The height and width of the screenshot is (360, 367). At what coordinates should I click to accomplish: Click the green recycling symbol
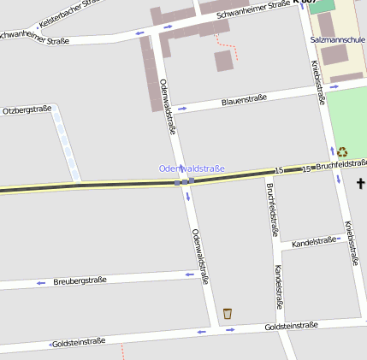pos(342,151)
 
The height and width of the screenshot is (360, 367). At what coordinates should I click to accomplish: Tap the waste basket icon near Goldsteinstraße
pos(228,314)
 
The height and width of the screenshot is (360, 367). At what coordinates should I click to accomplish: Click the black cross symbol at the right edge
pos(361,183)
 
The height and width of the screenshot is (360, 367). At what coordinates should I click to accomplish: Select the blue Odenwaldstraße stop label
pos(192,168)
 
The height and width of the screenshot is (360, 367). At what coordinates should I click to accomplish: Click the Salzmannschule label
pos(338,39)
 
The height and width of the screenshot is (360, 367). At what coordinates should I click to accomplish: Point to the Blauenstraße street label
pos(244,100)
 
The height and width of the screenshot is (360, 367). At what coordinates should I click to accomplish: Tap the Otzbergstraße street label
pos(27,110)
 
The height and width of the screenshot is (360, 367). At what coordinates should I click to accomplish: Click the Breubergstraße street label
pos(80,280)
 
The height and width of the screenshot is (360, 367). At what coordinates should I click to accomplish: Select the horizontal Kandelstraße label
pos(314,242)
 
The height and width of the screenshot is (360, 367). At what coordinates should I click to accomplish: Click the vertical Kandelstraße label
pos(279,286)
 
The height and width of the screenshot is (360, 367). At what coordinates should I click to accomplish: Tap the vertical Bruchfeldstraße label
pos(272,210)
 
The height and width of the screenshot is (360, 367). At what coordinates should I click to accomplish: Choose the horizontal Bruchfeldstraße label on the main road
pos(340,163)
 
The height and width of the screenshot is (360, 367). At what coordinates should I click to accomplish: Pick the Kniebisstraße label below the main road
pos(350,244)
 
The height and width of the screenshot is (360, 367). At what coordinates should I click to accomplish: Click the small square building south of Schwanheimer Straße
pos(223,61)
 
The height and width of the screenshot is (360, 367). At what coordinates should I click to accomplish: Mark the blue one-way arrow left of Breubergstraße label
pos(40,282)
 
